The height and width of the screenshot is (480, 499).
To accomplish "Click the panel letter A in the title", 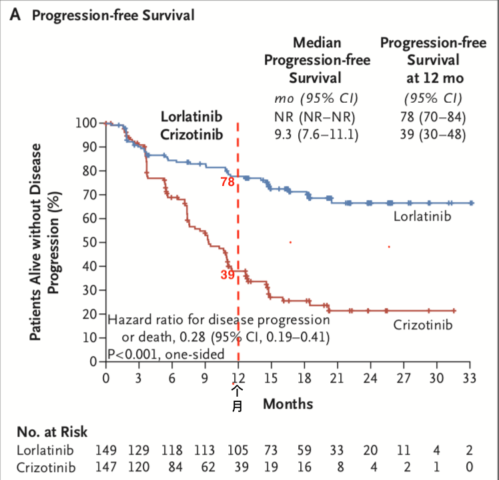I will click(16, 15).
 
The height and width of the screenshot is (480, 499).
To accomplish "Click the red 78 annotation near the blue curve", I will click(227, 181).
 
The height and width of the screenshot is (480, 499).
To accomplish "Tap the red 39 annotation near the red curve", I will click(227, 274).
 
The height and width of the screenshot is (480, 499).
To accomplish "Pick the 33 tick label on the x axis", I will click(469, 377).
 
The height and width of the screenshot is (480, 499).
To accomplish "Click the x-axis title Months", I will click(288, 403).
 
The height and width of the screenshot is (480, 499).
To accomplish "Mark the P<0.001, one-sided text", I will click(165, 354).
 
